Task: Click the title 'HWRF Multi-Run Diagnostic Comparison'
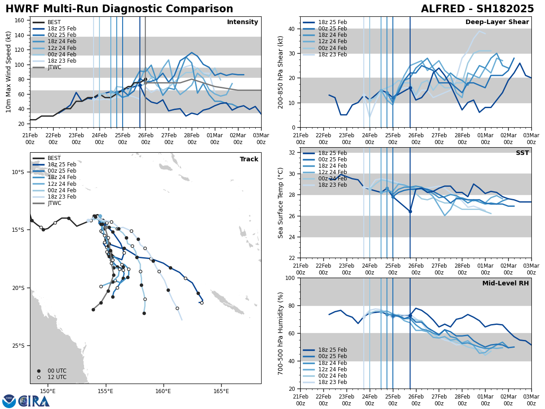(x=119, y=9)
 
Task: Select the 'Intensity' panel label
(x=243, y=22)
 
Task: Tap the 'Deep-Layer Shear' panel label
(x=497, y=22)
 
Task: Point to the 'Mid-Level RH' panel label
(x=505, y=284)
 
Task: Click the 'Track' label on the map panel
(x=249, y=160)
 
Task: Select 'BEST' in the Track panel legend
(x=54, y=158)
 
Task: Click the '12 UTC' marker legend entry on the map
(x=57, y=377)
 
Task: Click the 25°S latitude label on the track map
(x=18, y=346)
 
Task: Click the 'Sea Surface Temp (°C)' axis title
(x=281, y=203)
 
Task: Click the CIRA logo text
(x=34, y=401)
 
